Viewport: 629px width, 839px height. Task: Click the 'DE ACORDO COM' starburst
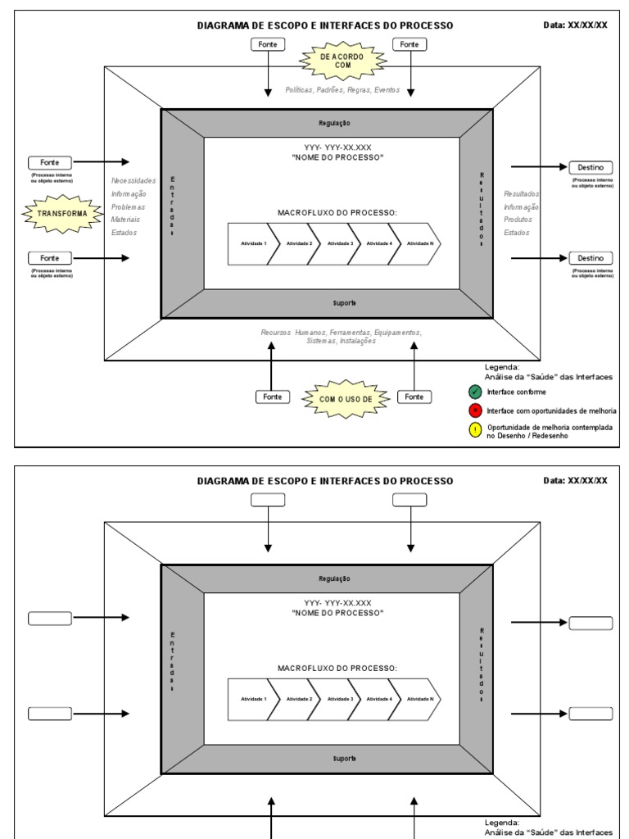pyautogui.click(x=342, y=61)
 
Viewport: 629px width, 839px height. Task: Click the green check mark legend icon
pyautogui.click(x=475, y=392)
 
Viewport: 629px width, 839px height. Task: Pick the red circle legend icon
pyautogui.click(x=475, y=410)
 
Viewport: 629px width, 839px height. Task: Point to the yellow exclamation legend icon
pyautogui.click(x=475, y=431)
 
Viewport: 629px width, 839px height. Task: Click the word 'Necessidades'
pyautogui.click(x=133, y=180)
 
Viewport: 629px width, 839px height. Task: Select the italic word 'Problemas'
pyautogui.click(x=129, y=206)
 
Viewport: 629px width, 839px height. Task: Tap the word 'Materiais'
pyautogui.click(x=126, y=220)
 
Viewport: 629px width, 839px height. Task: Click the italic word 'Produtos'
pyautogui.click(x=518, y=220)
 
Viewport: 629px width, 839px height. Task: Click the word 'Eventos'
pyautogui.click(x=387, y=90)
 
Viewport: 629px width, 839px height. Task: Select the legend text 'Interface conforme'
pyautogui.click(x=516, y=392)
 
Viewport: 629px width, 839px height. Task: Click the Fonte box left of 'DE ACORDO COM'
pyautogui.click(x=267, y=44)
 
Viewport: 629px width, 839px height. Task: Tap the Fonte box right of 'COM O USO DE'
pyautogui.click(x=414, y=397)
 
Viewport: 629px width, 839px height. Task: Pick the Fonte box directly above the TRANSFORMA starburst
pyautogui.click(x=49, y=162)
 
